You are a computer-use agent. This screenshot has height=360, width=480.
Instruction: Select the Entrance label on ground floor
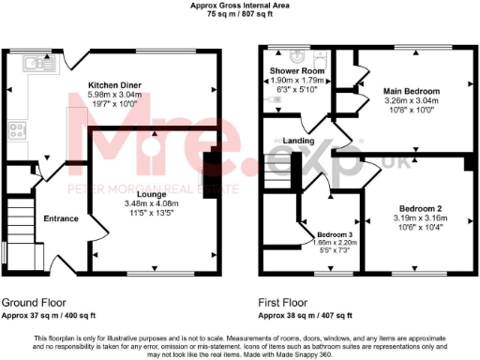pyautogui.click(x=62, y=219)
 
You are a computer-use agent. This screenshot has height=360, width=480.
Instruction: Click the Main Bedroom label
pyautogui.click(x=412, y=91)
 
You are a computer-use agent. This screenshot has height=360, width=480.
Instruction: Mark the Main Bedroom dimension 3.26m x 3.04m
pyautogui.click(x=412, y=101)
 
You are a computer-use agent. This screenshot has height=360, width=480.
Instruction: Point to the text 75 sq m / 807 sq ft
pyautogui.click(x=240, y=16)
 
